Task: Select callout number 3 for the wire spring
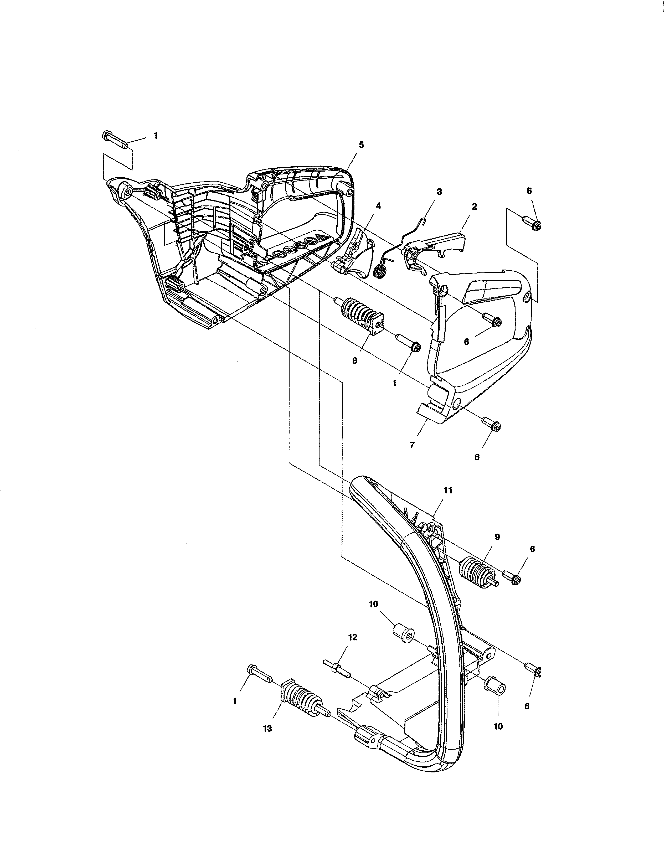tap(439, 192)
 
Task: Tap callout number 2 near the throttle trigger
tap(474, 207)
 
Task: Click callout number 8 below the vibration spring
tap(354, 360)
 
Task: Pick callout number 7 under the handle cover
tap(412, 445)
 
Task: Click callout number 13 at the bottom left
tap(267, 729)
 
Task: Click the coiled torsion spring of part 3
tap(381, 272)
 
